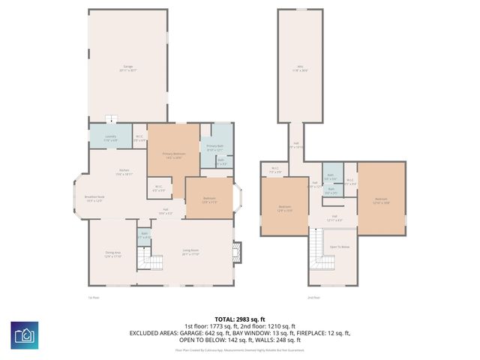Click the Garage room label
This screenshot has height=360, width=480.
[x=127, y=68]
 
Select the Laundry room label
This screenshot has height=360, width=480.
[x=110, y=137]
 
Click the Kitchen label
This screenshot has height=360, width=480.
[x=124, y=172]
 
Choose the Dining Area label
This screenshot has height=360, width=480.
[x=112, y=254]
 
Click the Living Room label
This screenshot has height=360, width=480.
[x=190, y=252]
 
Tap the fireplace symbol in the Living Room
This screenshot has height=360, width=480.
[x=236, y=252]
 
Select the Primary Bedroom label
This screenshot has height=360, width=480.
[x=172, y=155]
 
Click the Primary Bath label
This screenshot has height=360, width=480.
[x=215, y=147]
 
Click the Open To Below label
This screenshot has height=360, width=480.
[x=340, y=247]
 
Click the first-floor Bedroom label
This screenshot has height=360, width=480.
[x=209, y=199]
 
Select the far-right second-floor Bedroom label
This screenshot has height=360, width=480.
[x=381, y=200]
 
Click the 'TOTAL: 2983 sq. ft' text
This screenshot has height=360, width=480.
[x=240, y=319]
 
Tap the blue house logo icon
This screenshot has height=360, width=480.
[x=25, y=335]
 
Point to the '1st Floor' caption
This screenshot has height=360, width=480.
[x=94, y=298]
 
